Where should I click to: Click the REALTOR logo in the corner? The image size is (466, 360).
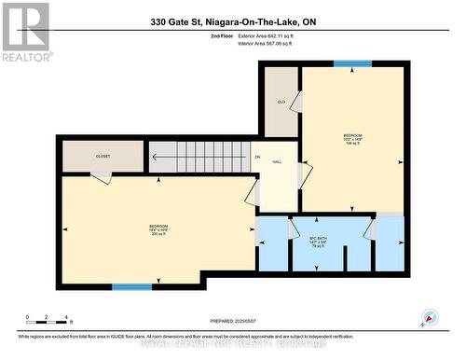pyautogui.click(x=25, y=31)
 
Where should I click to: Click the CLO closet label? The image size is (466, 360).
pyautogui.click(x=281, y=103)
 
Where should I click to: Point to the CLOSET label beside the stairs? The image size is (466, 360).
pyautogui.click(x=103, y=157)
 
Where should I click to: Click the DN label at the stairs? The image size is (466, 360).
pyautogui.click(x=256, y=157)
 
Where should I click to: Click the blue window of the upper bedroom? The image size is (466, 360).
pyautogui.click(x=352, y=63)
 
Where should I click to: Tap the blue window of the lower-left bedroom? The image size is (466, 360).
pyautogui.click(x=131, y=286)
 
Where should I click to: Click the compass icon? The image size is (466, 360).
pyautogui.click(x=431, y=317)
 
